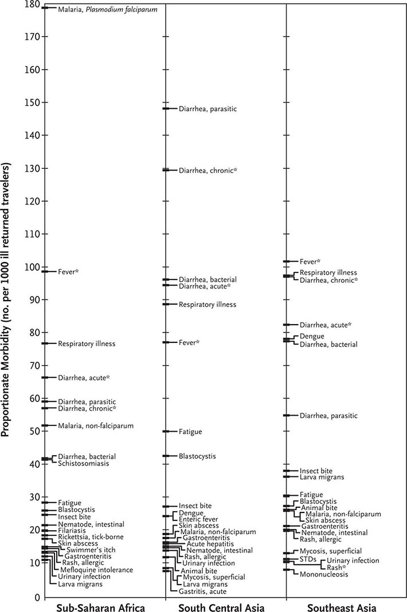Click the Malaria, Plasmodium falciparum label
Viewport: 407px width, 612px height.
point(108,10)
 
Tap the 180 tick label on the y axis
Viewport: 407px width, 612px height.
point(32,5)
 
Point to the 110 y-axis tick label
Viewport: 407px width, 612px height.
point(32,234)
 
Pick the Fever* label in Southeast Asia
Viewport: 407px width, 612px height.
point(310,262)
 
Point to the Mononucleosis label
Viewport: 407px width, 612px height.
point(324,574)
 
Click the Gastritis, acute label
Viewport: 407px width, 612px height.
point(202,591)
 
